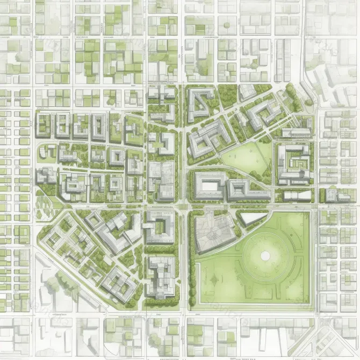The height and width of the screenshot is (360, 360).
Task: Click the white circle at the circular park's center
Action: coord(265,256)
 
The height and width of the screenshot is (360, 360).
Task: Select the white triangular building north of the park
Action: coord(251,218)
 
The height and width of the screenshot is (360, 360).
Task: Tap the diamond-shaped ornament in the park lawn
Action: coord(215,279)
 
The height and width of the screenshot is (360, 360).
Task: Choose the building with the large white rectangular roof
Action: coord(208,185)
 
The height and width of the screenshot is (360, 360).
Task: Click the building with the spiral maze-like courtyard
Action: coord(293,161)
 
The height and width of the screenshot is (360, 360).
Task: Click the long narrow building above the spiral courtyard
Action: coord(297,133)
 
